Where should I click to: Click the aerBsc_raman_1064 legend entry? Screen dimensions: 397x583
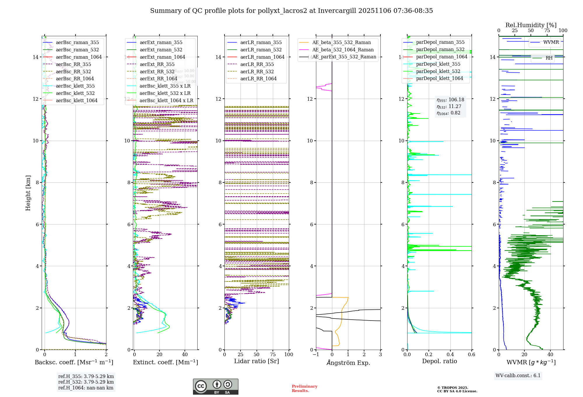point(79,57)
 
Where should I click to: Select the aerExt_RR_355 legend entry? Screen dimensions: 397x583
point(157,64)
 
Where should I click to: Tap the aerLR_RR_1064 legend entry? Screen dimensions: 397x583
point(258,79)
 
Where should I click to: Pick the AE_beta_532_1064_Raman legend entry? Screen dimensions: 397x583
point(343,50)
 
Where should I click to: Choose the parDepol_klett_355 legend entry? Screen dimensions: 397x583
point(438,64)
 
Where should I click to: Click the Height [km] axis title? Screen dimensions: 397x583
point(28,193)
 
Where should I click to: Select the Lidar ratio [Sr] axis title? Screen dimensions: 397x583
point(257,361)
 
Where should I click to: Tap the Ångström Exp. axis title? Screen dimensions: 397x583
point(348,363)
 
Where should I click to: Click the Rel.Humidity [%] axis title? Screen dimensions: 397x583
point(531,25)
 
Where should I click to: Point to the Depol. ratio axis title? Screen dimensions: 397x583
point(439,361)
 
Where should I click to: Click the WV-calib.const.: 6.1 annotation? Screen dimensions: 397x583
point(518,376)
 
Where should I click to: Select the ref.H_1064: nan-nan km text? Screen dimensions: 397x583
point(86,388)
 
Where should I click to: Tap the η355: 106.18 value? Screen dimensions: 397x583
point(450,100)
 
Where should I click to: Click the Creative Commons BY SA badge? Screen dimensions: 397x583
point(215,386)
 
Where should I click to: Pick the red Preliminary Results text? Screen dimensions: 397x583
point(304,388)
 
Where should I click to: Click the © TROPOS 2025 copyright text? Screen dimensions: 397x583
point(452,388)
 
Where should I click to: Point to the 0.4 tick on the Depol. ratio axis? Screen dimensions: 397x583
point(450,354)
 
